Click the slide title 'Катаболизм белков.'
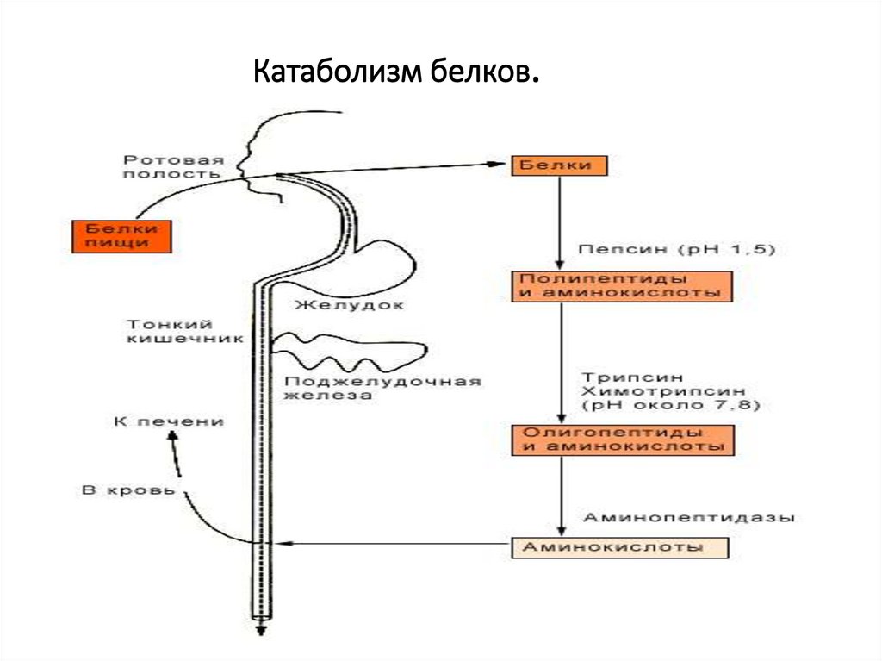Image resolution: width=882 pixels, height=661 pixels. coord(396,72)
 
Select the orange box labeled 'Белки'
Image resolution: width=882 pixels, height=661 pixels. coord(559,165)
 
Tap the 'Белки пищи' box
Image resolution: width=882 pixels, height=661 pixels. coord(121,236)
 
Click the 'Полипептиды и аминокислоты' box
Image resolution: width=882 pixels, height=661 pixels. coord(622,287)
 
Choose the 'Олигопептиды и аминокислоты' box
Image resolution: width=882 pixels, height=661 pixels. coord(623,440)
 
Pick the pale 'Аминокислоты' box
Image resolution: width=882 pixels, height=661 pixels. coord(620,547)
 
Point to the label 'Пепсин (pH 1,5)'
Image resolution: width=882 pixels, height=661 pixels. coord(677,249)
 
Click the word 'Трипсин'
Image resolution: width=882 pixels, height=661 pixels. coord(633,377)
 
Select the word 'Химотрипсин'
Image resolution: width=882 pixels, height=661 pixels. coord(664,390)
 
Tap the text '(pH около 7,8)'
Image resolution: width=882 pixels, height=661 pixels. coord(671,405)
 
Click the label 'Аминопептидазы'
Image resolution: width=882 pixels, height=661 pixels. coord(689,517)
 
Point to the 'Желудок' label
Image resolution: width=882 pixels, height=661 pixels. coord(350,305)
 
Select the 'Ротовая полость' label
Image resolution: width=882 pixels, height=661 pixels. coord(173,167)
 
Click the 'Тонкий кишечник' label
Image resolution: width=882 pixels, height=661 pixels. coord(185,332)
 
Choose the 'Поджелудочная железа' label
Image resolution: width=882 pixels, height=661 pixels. coord(382,388)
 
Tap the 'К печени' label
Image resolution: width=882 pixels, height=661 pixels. coord(169,421)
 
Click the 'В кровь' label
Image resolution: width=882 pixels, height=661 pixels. coord(129,490)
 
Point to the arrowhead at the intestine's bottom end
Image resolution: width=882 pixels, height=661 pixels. coord(261,629)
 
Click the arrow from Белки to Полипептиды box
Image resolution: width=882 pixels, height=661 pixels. coord(560,223)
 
